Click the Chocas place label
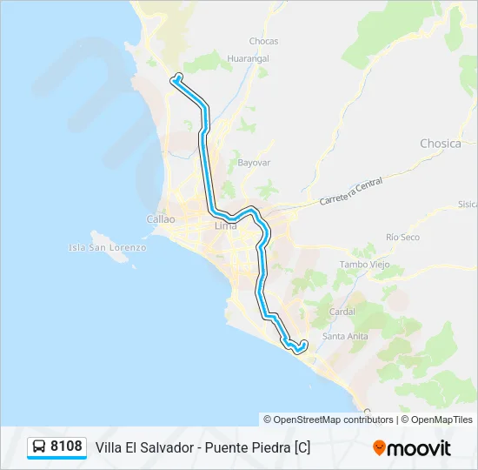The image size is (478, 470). click(x=263, y=41)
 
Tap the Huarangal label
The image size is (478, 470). click(x=249, y=58)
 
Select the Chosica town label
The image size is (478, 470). click(x=441, y=144)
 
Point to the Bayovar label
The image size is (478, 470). click(x=255, y=163)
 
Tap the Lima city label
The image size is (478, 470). click(x=225, y=226)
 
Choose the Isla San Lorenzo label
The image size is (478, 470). click(x=108, y=247)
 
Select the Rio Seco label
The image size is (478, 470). click(x=403, y=237)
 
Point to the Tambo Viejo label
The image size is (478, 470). click(x=363, y=264)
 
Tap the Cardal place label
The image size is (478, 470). click(x=343, y=311)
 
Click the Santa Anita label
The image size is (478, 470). click(x=345, y=336)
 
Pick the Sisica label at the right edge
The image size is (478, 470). click(x=468, y=205)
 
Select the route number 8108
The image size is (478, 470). click(x=66, y=447)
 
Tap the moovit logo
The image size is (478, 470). click(x=412, y=448)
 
